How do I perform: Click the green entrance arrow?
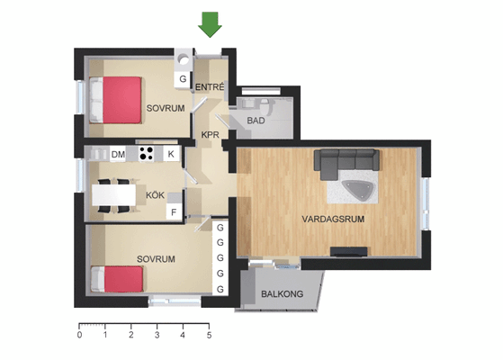[210, 24]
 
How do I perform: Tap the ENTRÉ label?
[210, 87]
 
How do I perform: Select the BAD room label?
[256, 121]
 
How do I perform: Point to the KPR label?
[211, 135]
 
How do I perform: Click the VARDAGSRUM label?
[333, 219]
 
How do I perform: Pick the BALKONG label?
[282, 294]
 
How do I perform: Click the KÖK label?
[156, 194]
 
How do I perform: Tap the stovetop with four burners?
[147, 154]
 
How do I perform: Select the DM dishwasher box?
[118, 154]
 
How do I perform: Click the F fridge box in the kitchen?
[174, 212]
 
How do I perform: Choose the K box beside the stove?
[171, 154]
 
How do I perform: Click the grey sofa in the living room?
[346, 163]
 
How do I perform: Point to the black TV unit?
[349, 252]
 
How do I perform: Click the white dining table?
[114, 195]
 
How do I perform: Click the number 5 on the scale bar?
[209, 336]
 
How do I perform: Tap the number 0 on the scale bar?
[79, 336]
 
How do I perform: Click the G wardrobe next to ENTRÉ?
[183, 79]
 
